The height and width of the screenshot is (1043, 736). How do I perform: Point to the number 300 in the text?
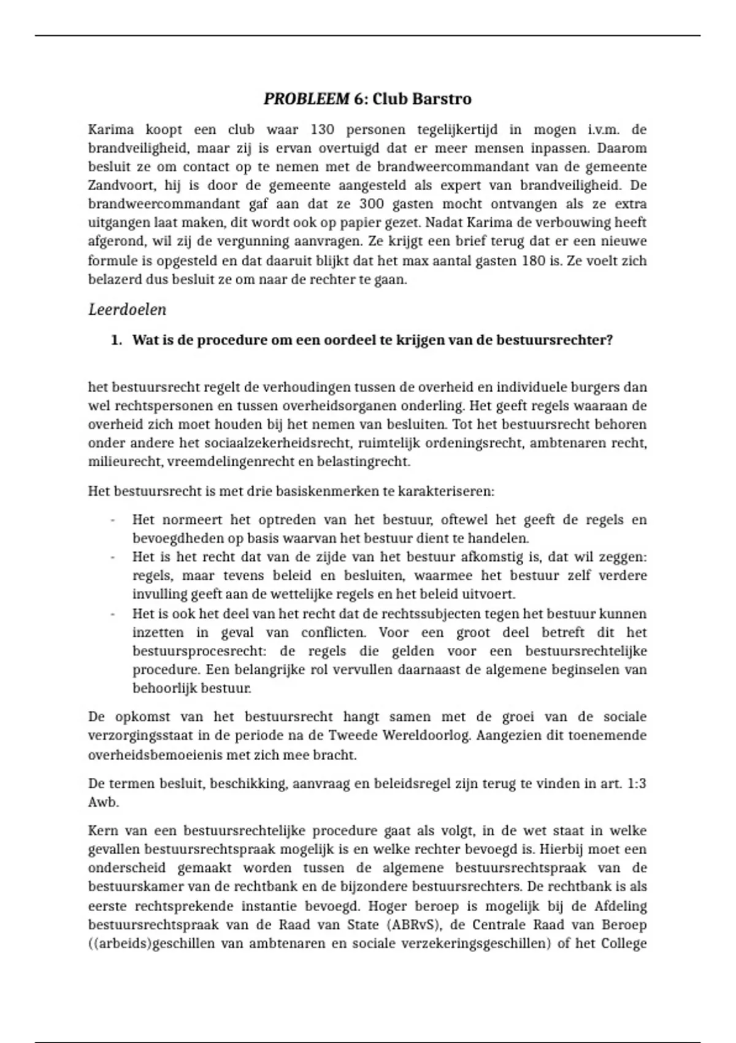pyautogui.click(x=371, y=204)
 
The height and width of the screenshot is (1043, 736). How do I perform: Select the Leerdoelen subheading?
pyautogui.click(x=128, y=310)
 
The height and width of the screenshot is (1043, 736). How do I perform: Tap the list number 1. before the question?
pyautogui.click(x=117, y=340)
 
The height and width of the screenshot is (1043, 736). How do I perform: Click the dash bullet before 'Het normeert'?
pyautogui.click(x=113, y=520)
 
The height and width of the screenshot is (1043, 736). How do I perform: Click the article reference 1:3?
pyautogui.click(x=637, y=783)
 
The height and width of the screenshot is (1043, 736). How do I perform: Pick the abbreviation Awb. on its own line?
pyautogui.click(x=103, y=802)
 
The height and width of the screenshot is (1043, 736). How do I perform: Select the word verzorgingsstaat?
pyautogui.click(x=136, y=736)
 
